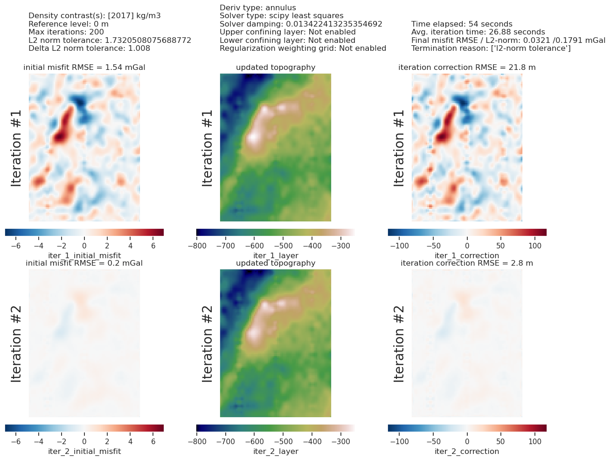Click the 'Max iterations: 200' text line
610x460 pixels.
click(x=66, y=32)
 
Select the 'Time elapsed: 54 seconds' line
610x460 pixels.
click(x=462, y=24)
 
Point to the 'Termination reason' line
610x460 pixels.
click(x=491, y=48)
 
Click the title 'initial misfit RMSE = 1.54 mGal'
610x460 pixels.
click(x=84, y=68)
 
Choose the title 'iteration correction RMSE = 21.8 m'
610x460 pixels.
click(x=467, y=68)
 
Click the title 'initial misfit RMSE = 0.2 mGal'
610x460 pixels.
click(x=84, y=263)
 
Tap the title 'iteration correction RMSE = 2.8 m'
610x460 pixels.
click(x=467, y=263)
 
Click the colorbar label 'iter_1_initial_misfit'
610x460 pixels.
click(x=84, y=255)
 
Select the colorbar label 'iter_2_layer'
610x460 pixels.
click(x=276, y=451)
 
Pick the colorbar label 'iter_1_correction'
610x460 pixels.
click(x=467, y=255)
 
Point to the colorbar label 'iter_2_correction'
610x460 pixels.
click(x=467, y=451)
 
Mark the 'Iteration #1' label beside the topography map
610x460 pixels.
click(x=208, y=148)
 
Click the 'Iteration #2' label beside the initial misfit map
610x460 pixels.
click(x=16, y=343)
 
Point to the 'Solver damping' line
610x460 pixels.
click(x=301, y=24)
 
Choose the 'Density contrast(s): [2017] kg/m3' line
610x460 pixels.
click(x=95, y=16)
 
